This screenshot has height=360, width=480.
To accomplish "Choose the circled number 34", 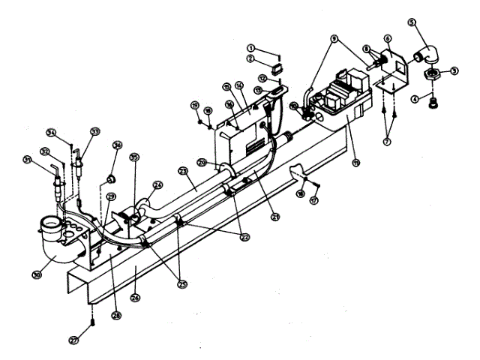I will (51, 133).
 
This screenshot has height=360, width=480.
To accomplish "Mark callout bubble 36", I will (117, 145).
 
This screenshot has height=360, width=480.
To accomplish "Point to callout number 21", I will (275, 217).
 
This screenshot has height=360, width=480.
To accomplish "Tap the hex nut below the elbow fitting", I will (432, 73).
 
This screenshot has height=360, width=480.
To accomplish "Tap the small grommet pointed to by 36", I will (109, 178).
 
